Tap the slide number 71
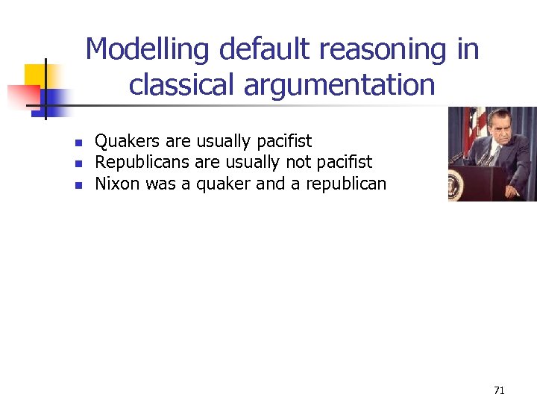click(499, 390)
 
